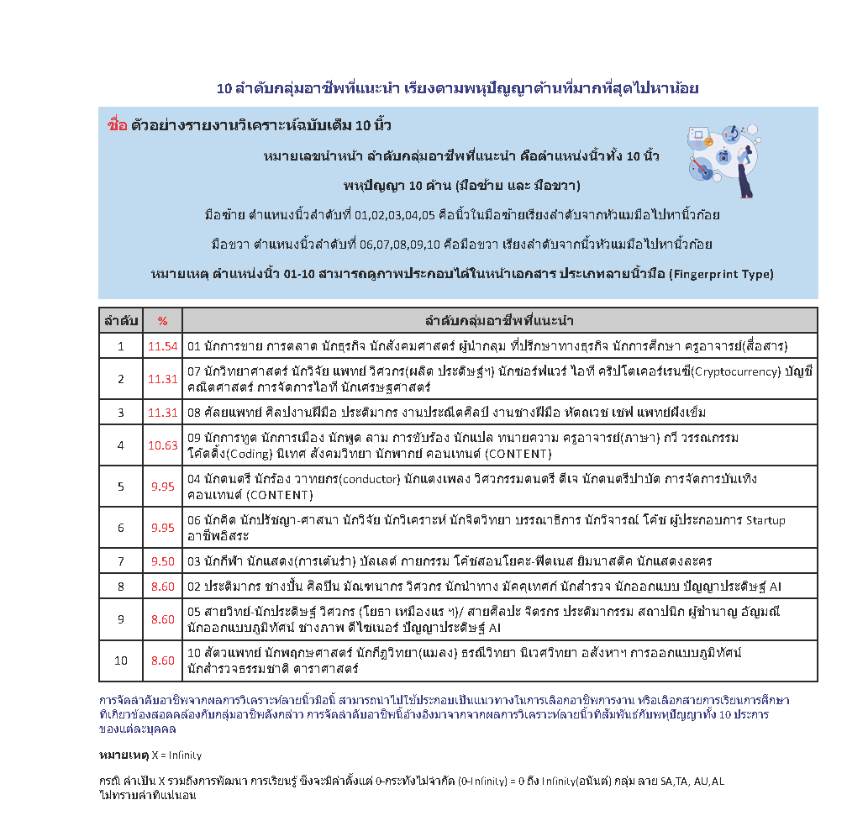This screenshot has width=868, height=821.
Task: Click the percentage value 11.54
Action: point(162,346)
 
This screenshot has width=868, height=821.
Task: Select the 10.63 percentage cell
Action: point(162,445)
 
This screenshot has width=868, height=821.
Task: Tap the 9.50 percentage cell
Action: point(162,561)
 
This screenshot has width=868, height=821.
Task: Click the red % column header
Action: point(162,321)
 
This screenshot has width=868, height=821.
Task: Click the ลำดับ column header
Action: point(120,321)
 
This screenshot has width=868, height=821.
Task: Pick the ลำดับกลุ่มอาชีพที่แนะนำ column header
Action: point(499,321)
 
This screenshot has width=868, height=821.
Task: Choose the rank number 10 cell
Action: point(120,660)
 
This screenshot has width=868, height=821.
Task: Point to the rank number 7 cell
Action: point(120,561)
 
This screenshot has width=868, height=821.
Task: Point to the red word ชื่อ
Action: point(118,126)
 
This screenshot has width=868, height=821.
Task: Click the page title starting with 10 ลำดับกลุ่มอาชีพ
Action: point(458,88)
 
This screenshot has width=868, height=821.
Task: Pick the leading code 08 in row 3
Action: point(194,413)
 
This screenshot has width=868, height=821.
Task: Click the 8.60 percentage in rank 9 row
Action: point(162,619)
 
